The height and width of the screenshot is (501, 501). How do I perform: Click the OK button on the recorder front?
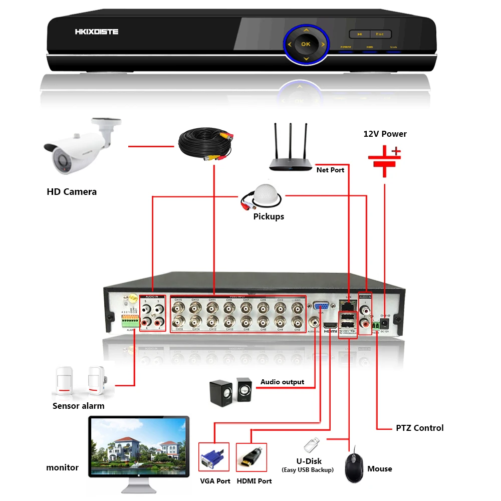pyautogui.click(x=306, y=44)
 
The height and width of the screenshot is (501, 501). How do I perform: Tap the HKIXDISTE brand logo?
pyautogui.click(x=97, y=32)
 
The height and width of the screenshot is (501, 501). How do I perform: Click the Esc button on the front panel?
pyautogui.click(x=380, y=34)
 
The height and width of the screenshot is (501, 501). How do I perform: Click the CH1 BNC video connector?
pyautogui.click(x=297, y=308)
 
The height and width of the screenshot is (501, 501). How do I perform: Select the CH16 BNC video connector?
pyautogui.click(x=178, y=321)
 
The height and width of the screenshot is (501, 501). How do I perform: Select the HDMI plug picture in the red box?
pyautogui.click(x=250, y=457)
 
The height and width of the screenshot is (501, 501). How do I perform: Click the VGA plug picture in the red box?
pyautogui.click(x=214, y=457)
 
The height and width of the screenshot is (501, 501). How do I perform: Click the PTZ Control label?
pyautogui.click(x=419, y=428)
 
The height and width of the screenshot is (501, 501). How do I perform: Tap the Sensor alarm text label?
pyautogui.click(x=79, y=406)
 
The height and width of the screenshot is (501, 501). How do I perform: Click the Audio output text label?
pyautogui.click(x=282, y=382)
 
